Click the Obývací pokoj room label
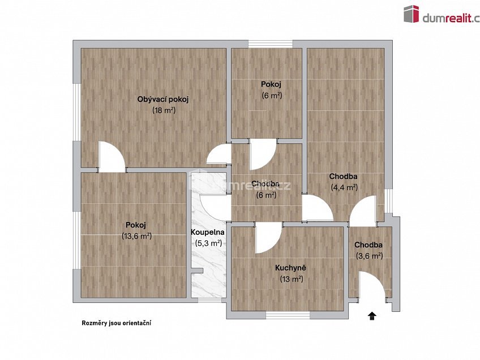162,100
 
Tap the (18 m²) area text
164,110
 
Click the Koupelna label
208,232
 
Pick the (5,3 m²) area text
208,243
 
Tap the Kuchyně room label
291,268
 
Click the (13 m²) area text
292,278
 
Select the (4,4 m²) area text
344,187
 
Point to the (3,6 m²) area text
369,255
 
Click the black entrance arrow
372,316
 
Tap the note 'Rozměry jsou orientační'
117,323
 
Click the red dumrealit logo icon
411,14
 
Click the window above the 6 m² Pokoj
271,44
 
